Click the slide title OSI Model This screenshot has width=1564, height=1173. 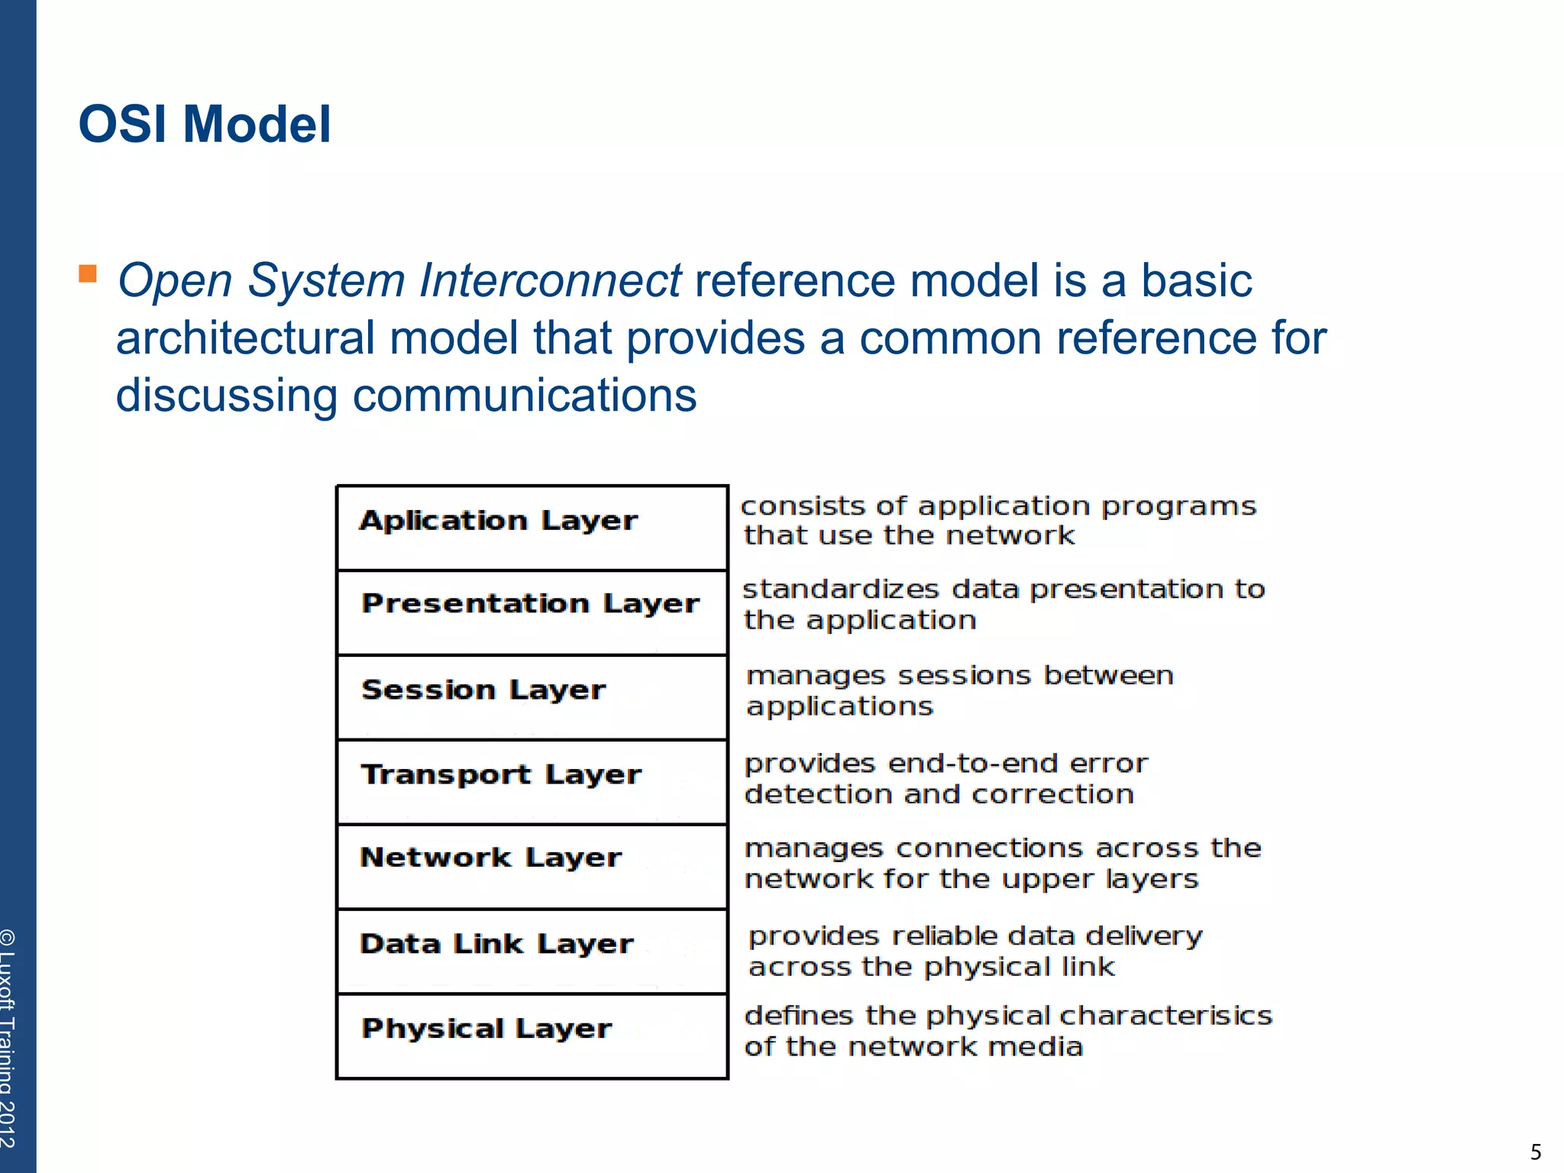205,124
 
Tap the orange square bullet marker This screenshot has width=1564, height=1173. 88,273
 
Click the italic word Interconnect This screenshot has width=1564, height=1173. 550,280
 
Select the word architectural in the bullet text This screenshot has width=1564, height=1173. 244,338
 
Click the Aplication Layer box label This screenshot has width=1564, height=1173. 498,521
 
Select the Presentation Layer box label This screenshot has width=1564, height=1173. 530,604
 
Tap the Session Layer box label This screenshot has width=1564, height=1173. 483,690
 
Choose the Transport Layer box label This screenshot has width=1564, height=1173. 501,775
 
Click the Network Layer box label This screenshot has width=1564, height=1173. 490,858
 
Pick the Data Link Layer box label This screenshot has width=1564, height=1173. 496,945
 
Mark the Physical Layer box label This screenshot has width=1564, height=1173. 486,1029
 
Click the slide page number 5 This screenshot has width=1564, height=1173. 1535,1152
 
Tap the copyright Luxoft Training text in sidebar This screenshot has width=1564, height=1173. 9,1039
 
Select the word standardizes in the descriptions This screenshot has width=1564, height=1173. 841,590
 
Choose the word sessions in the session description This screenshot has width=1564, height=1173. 964,676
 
